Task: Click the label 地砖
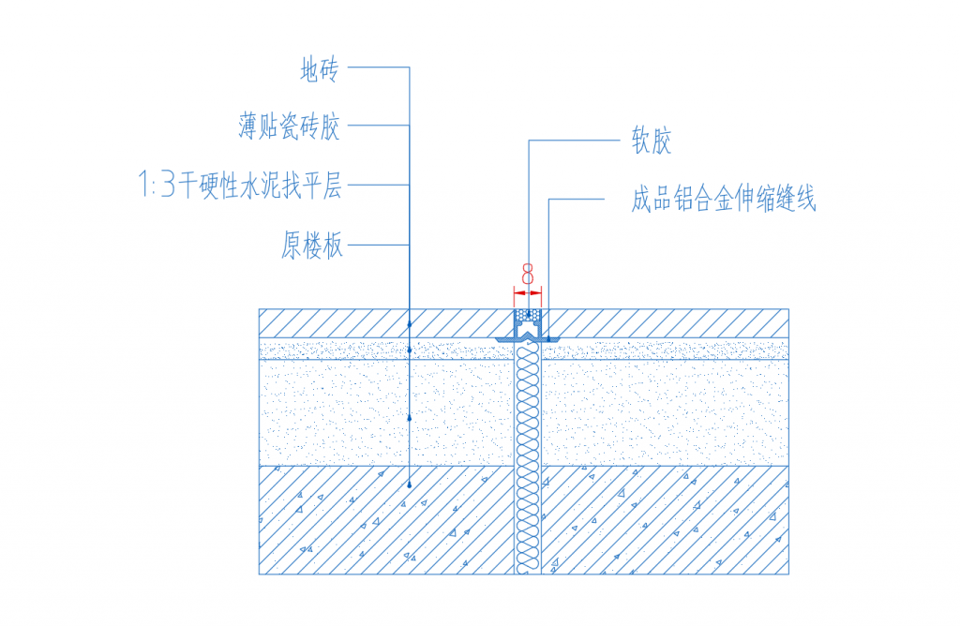coord(318,68)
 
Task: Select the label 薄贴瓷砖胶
coord(290,127)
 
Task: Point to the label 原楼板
coord(312,246)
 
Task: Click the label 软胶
coord(652,142)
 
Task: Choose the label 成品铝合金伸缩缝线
coord(724,200)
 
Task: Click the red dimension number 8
coord(528,275)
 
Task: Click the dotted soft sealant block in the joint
coord(528,315)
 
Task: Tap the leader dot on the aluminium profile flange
coord(548,338)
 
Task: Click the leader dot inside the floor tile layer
coord(410,323)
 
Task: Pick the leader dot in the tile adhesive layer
coord(410,350)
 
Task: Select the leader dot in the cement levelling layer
coord(410,417)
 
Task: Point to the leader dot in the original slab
coord(410,484)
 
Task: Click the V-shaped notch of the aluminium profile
coord(528,335)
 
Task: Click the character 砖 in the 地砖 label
coord(328,68)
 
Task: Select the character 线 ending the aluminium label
coord(805,200)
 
